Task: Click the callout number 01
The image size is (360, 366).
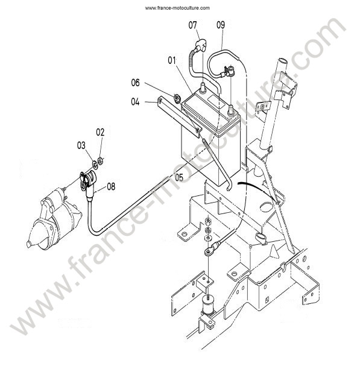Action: pyautogui.click(x=172, y=60)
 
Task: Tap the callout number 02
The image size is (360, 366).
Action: pyautogui.click(x=100, y=132)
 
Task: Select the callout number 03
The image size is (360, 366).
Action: pyautogui.click(x=81, y=145)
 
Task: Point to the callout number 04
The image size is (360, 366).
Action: pyautogui.click(x=135, y=102)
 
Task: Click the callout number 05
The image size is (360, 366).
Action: pyautogui.click(x=179, y=177)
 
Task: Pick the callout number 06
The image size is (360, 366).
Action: pyautogui.click(x=136, y=83)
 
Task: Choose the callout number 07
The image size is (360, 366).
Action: pyautogui.click(x=192, y=25)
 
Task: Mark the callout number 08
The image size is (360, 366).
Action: pyautogui.click(x=111, y=186)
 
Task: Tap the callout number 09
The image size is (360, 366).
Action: pyautogui.click(x=221, y=25)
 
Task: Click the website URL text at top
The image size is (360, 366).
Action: pyautogui.click(x=177, y=8)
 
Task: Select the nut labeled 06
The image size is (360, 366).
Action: pyautogui.click(x=177, y=98)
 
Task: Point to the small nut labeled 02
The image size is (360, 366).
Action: pyautogui.click(x=100, y=161)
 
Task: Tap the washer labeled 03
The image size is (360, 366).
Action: pyautogui.click(x=95, y=165)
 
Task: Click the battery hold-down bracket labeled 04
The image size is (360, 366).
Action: pyautogui.click(x=179, y=118)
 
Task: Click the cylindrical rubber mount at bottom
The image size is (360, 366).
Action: pyautogui.click(x=208, y=304)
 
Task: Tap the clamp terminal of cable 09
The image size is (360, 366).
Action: pyautogui.click(x=229, y=71)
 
